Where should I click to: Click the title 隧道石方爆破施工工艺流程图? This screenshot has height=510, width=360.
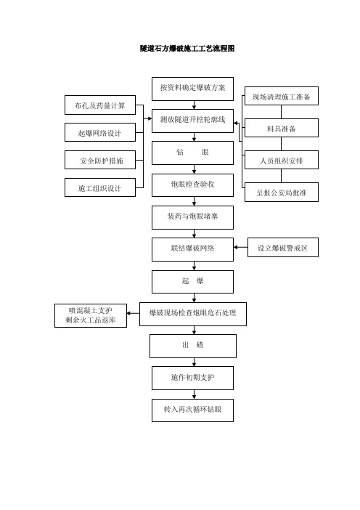[x=187, y=49]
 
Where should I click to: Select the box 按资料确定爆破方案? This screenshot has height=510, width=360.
[x=192, y=89]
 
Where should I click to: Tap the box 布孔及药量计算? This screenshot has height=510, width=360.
[x=100, y=105]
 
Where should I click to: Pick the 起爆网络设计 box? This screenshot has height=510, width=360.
[x=100, y=132]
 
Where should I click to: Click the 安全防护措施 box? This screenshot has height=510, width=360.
[x=100, y=160]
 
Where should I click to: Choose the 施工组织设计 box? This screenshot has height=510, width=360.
[x=100, y=187]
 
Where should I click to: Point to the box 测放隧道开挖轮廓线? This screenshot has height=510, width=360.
[x=192, y=121]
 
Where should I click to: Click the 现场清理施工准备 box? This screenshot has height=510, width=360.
[x=282, y=96]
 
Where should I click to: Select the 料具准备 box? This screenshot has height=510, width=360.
[x=282, y=128]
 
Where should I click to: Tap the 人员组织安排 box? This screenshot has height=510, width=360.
[x=282, y=160]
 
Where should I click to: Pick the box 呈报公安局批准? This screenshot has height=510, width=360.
[x=282, y=193]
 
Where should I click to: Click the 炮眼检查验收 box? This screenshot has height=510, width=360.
[x=192, y=185]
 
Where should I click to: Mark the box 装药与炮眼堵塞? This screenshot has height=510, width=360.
[x=192, y=217]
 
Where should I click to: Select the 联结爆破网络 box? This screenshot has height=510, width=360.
[x=192, y=249]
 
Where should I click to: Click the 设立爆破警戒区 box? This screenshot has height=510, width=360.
[x=283, y=248]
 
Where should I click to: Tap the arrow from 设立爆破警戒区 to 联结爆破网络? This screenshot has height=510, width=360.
[x=240, y=248]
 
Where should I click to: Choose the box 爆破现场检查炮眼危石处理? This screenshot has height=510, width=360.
[x=193, y=314]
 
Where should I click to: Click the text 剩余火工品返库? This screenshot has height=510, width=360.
[x=90, y=320]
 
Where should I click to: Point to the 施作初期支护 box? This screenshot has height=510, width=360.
[x=192, y=379]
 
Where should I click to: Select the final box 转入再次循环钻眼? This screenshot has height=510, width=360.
[x=192, y=410]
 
